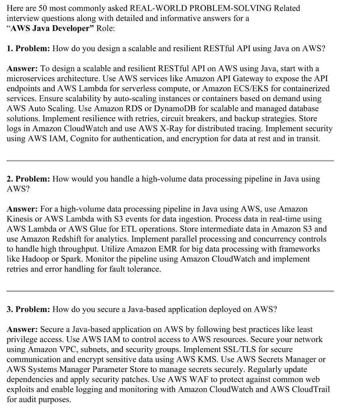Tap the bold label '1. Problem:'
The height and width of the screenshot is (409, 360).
28,48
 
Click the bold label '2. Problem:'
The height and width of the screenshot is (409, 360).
28,179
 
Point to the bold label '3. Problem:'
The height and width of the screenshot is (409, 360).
28,309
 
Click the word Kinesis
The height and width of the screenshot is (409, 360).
21,219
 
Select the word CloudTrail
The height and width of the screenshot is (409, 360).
310,389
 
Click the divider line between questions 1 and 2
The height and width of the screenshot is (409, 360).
170,160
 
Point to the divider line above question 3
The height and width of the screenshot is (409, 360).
170,291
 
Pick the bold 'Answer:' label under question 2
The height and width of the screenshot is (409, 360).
22,209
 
